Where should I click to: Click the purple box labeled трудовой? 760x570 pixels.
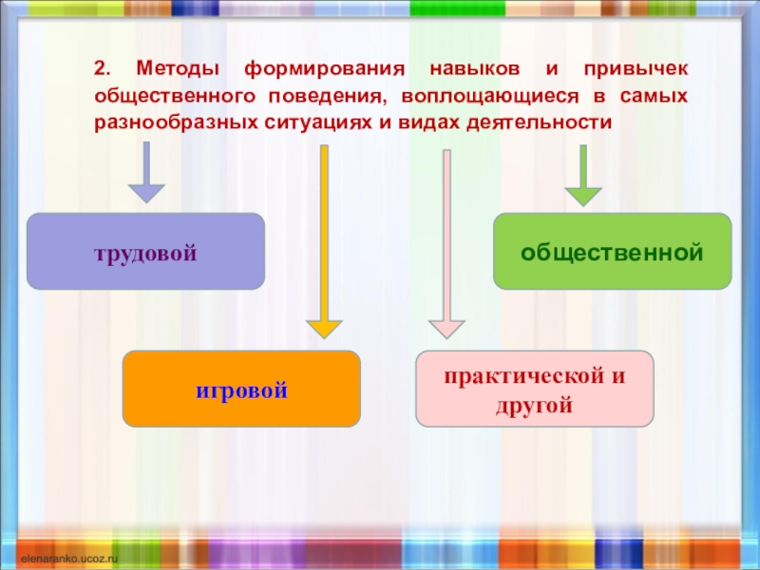145,252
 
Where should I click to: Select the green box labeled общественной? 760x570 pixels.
612,252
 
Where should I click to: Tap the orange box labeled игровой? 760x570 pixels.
241,389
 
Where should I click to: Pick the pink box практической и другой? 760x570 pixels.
535,389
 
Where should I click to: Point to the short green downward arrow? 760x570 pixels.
583,175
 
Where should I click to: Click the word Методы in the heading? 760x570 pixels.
178,70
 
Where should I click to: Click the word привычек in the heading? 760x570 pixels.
636,70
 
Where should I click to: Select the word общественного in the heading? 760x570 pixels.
176,97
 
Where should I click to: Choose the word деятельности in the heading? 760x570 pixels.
538,123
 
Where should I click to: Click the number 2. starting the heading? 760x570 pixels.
102,70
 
